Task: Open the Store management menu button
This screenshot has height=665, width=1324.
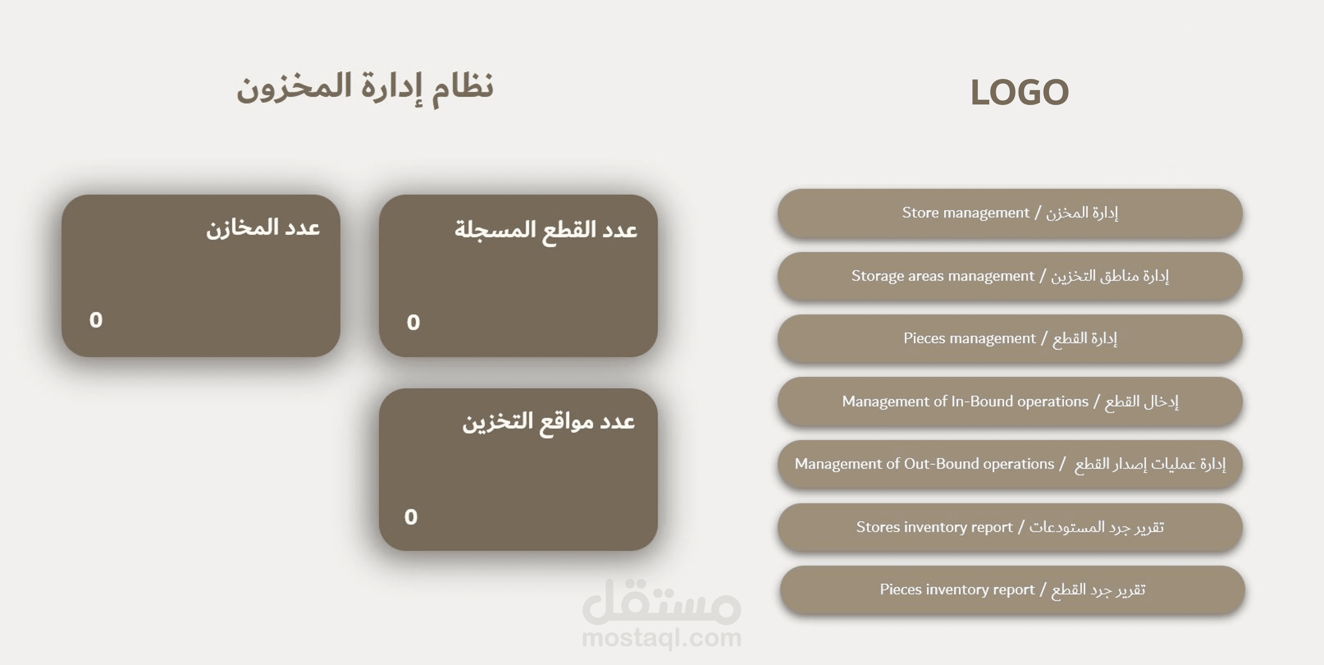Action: coord(1010,213)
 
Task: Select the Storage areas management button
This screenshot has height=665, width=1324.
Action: coord(1010,276)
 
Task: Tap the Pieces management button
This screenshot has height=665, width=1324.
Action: coord(1010,338)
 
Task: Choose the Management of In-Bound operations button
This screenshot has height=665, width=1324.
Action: coord(1010,401)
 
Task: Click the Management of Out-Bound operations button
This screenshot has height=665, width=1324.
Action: coord(1010,464)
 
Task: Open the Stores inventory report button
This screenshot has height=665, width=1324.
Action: coord(1010,527)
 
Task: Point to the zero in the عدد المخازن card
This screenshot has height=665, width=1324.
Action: coord(96,320)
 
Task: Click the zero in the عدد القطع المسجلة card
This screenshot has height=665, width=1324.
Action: coord(413,322)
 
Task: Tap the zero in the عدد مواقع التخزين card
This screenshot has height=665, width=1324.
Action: coord(411,517)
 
